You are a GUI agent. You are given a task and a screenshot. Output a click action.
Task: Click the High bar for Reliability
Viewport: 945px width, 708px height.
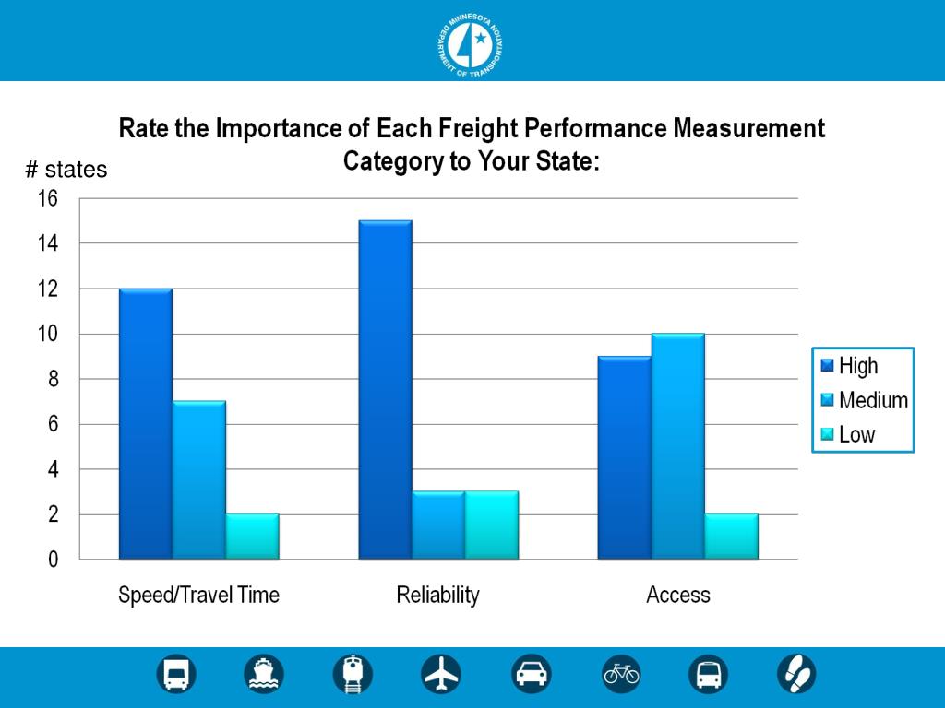pyautogui.click(x=385, y=389)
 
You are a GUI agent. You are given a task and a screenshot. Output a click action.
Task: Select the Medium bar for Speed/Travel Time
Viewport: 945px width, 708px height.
pyautogui.click(x=199, y=479)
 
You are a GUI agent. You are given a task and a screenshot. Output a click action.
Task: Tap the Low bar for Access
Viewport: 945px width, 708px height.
pyautogui.click(x=732, y=537)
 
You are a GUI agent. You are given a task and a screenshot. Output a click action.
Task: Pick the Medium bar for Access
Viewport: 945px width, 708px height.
pyautogui.click(x=678, y=446)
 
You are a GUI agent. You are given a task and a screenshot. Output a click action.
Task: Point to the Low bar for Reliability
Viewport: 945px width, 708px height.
pyautogui.click(x=492, y=525)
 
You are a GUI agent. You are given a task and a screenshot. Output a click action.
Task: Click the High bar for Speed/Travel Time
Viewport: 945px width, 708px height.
pyautogui.click(x=146, y=424)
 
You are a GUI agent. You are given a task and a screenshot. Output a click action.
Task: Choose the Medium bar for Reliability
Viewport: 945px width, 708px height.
pyautogui.click(x=438, y=525)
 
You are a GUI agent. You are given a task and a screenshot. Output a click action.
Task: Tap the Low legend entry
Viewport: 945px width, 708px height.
pyautogui.click(x=856, y=434)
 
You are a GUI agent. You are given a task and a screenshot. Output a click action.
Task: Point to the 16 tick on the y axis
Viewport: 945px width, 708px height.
pyautogui.click(x=47, y=198)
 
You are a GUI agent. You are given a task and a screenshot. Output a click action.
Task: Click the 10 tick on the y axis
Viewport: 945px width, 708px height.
pyautogui.click(x=47, y=334)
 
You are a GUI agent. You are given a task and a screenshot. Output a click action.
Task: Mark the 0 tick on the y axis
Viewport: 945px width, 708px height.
pyautogui.click(x=53, y=560)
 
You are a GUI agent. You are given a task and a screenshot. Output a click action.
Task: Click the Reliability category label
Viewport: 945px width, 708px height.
pyautogui.click(x=438, y=595)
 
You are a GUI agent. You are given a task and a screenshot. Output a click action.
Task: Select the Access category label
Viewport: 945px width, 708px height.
pyautogui.click(x=678, y=595)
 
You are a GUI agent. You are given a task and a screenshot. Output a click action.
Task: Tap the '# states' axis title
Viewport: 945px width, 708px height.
pyautogui.click(x=66, y=170)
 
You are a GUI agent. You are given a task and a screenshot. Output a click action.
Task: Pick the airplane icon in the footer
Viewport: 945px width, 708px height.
pyautogui.click(x=441, y=675)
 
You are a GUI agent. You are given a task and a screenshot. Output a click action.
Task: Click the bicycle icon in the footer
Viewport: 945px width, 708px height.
pyautogui.click(x=621, y=675)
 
